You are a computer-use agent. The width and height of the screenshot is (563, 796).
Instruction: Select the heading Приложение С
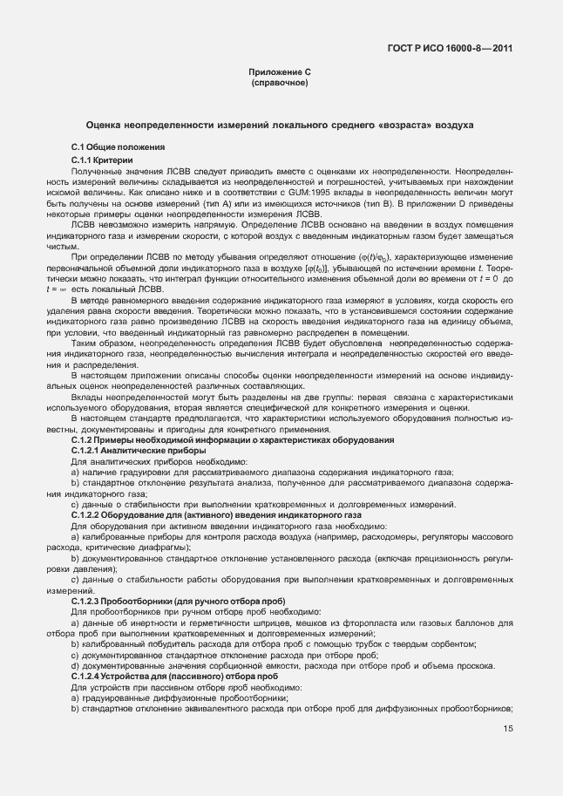280,73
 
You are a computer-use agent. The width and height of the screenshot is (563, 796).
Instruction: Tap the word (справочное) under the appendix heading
280,84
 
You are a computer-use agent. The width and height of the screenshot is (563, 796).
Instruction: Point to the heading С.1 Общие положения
118,146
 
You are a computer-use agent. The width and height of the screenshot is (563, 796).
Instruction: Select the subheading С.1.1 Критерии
102,160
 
